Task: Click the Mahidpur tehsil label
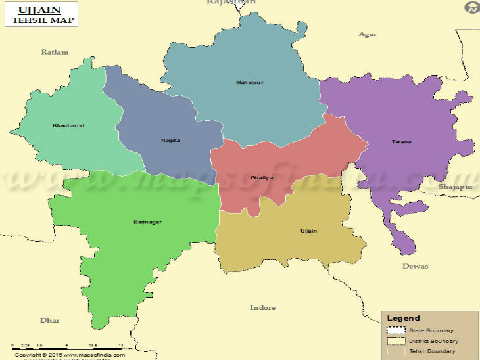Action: click(x=249, y=83)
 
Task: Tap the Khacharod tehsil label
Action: click(x=68, y=125)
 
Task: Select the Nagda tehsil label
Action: click(x=170, y=140)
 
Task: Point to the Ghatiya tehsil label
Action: click(x=262, y=178)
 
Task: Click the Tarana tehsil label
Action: click(x=402, y=141)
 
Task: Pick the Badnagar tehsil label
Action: click(x=147, y=222)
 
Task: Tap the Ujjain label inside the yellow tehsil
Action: click(x=308, y=231)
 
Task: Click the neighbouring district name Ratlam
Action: click(x=55, y=52)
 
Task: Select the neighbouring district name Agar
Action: click(x=368, y=34)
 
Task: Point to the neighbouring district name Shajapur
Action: click(x=456, y=187)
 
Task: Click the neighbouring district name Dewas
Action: click(x=415, y=266)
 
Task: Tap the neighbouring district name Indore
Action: click(x=262, y=307)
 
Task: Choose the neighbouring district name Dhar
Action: click(x=49, y=320)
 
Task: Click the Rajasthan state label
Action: click(x=231, y=3)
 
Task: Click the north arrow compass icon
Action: click(x=471, y=8)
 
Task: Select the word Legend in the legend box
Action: click(x=403, y=318)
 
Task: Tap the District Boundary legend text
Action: click(x=433, y=341)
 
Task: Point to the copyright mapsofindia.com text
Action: click(x=70, y=355)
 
